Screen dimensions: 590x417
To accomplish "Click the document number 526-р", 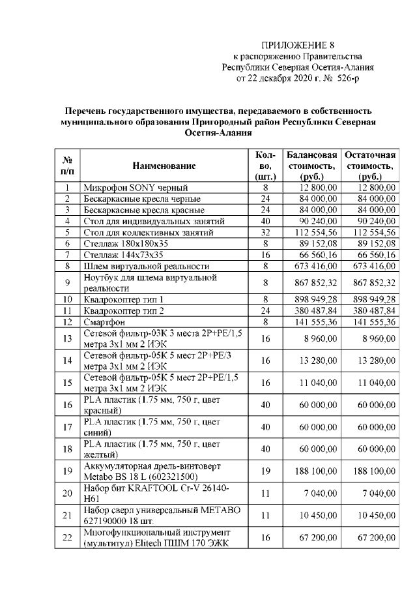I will coord(344,78).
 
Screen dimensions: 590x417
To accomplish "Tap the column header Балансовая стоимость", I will coord(312,166).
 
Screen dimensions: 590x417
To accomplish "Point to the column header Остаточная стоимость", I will coord(370,166).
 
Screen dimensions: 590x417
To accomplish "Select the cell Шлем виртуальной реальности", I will coord(146,266).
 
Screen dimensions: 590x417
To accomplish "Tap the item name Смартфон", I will coord(104,321).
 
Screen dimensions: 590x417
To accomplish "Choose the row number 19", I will coord(67,470).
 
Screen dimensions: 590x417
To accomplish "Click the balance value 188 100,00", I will coord(317,470).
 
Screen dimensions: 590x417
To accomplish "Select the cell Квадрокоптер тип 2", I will coord(123,310).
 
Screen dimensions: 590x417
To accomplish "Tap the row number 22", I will coord(67,537).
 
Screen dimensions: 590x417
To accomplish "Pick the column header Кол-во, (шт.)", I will coord(265,166).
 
